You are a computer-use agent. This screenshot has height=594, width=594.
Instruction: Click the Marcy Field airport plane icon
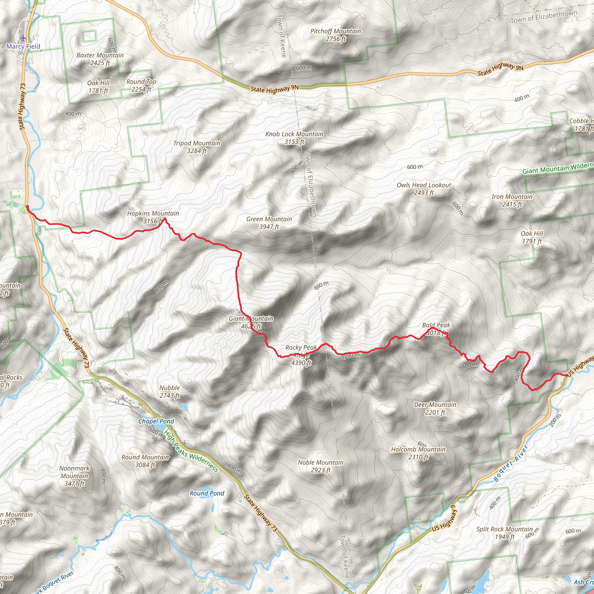coord(23,38)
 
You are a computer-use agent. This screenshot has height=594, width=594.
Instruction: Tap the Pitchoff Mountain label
coord(336,35)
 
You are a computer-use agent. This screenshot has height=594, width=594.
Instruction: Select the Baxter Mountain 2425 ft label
coord(100,59)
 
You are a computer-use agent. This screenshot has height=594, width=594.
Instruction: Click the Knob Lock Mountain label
coord(294,138)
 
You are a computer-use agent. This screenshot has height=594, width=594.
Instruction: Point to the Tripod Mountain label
coord(197,147)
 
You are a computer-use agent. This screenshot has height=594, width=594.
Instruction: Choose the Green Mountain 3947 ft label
coord(269,222)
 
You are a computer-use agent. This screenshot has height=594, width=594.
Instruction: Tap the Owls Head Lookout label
coord(424,189)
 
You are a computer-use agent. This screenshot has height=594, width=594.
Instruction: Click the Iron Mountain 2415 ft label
coord(512,200)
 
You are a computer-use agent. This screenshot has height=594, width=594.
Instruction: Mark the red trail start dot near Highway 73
coord(27,207)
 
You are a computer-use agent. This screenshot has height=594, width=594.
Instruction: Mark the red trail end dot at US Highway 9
coord(566,375)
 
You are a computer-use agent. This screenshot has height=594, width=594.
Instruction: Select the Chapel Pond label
coord(156,421)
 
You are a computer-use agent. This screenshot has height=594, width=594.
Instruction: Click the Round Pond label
coord(207,493)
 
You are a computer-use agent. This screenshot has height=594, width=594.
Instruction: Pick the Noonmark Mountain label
coord(75,476)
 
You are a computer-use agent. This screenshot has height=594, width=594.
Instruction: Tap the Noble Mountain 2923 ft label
coord(320,466)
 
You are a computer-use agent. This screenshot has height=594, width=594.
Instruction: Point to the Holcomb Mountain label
coord(418,453)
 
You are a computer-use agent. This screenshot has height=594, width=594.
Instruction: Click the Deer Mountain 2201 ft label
coord(435,408)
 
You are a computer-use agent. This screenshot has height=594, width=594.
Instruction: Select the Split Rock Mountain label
coord(505,533)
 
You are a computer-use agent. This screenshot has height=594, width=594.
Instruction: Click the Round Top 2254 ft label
coord(142,86)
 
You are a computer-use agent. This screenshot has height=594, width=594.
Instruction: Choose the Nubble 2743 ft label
coord(169,391)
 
